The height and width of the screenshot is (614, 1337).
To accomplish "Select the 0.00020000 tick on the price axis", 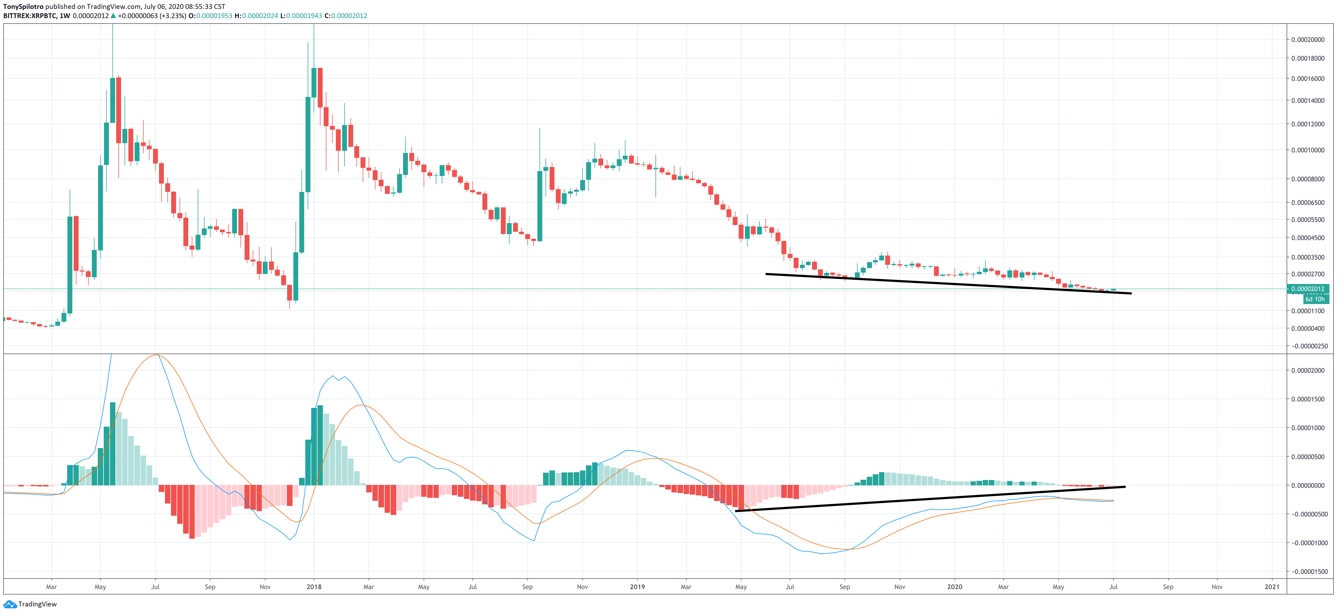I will pos(1307,40).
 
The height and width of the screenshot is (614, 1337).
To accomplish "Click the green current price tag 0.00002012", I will pos(1307,289).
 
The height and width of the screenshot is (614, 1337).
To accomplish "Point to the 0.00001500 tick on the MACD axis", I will pos(1307,399).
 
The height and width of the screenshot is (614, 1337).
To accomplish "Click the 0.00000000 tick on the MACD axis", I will pos(1307,485).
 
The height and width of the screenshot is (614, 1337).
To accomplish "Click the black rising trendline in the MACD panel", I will pos(929,499).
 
